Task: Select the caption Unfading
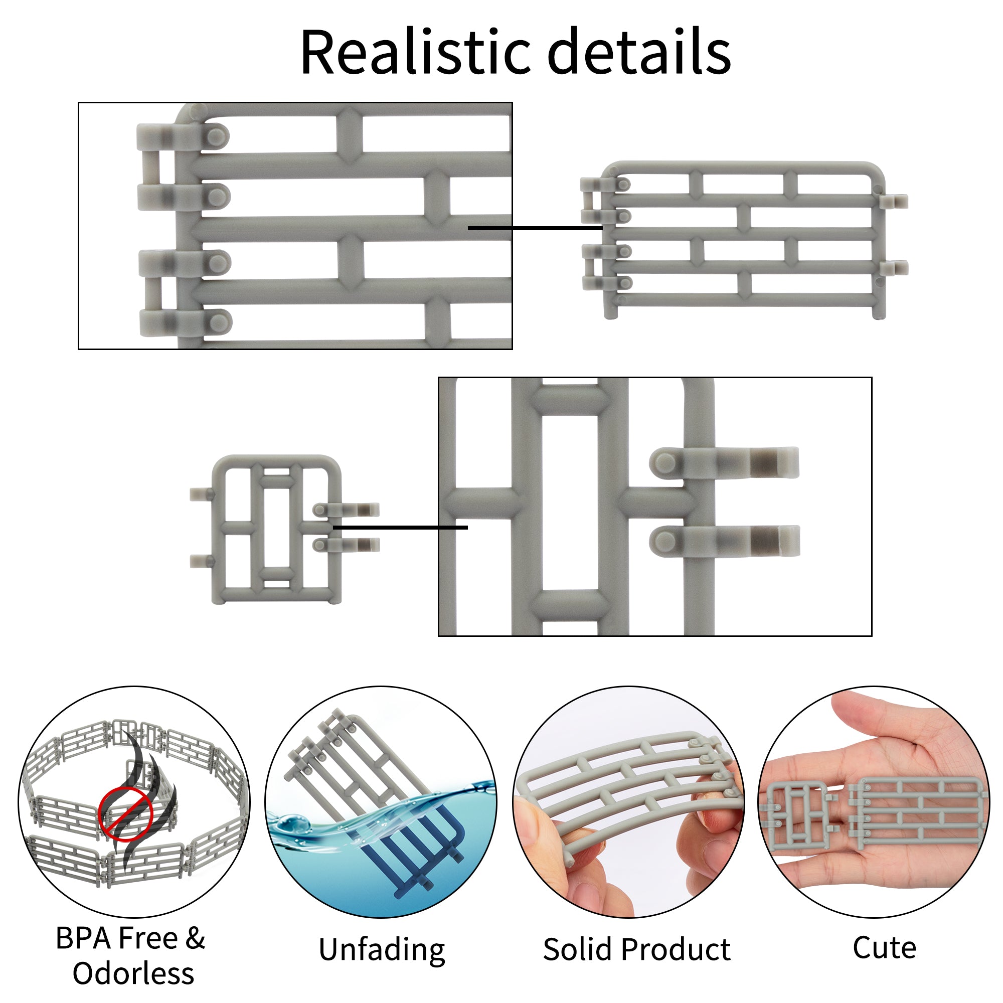point(382,949)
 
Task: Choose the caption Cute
point(884,947)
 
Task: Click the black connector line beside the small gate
point(400,528)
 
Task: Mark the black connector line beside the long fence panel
point(535,228)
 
